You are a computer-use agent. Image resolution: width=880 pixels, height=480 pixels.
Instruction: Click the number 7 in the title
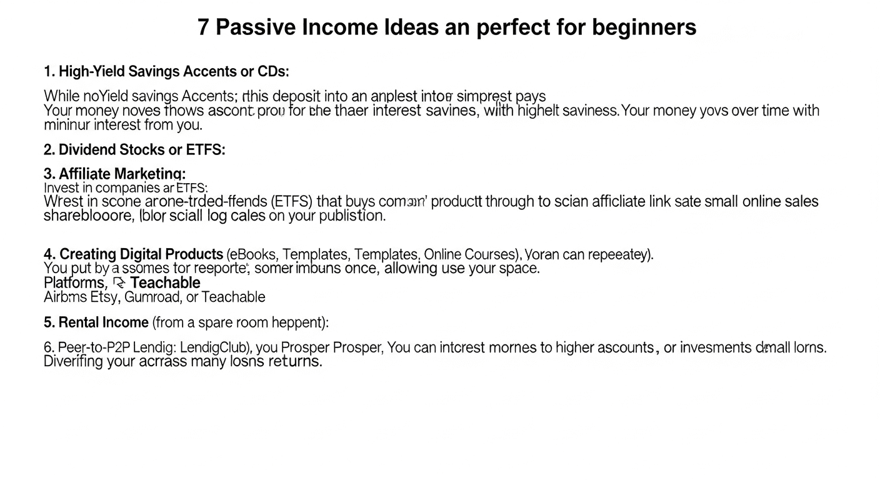click(x=203, y=27)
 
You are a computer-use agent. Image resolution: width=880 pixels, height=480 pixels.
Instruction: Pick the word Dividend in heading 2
click(x=86, y=150)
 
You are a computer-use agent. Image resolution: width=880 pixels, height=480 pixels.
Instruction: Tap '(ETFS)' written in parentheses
click(x=292, y=201)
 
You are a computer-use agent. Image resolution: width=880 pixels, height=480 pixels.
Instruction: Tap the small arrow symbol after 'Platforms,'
click(x=119, y=283)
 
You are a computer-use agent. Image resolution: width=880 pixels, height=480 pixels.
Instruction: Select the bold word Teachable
click(x=165, y=283)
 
